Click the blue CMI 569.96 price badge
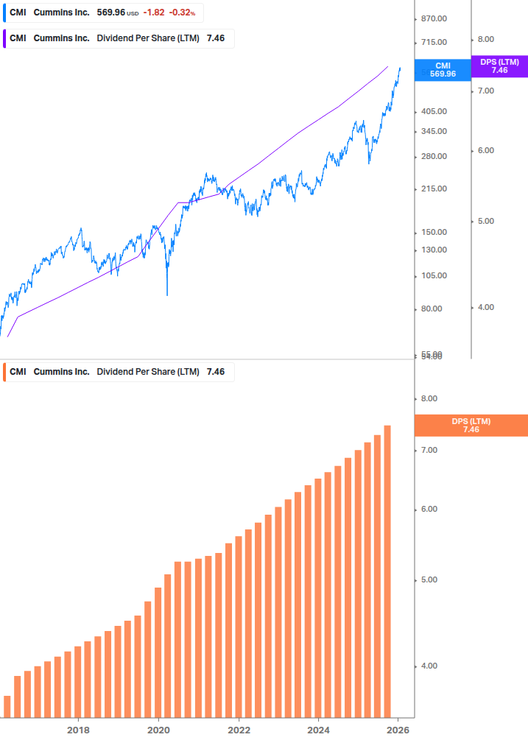(443, 70)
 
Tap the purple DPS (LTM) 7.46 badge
(499, 66)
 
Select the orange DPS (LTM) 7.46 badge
(471, 426)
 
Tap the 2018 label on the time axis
(78, 730)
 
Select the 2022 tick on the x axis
(239, 730)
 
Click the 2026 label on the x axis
(398, 730)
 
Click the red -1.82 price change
(154, 13)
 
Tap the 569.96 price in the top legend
(110, 13)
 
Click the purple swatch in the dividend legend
(4, 38)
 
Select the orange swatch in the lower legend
(4, 372)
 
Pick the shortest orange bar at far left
(7, 706)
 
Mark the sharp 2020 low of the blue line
(167, 295)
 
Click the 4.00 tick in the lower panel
(429, 666)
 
